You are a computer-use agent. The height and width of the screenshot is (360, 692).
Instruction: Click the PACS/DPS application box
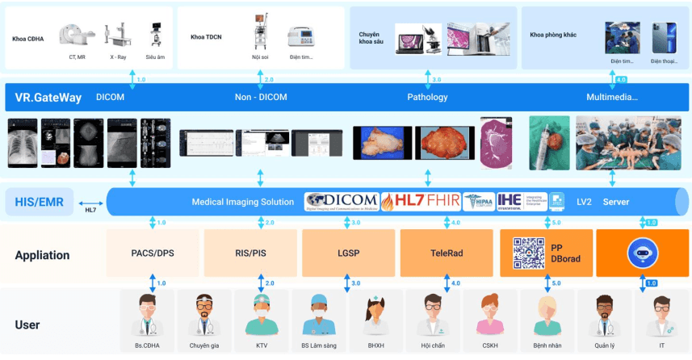pyautogui.click(x=153, y=253)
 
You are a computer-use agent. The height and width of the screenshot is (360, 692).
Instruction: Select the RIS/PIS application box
pyautogui.click(x=250, y=253)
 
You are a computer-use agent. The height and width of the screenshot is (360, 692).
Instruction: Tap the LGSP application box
pyautogui.click(x=348, y=253)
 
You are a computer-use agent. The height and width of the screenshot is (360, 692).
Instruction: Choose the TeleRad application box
pyautogui.click(x=446, y=253)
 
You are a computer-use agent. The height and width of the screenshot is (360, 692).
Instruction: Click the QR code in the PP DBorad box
pyautogui.click(x=529, y=253)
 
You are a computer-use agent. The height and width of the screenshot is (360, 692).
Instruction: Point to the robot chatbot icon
pyautogui.click(x=641, y=253)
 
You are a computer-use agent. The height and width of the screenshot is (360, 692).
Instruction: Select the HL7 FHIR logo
pyautogui.click(x=420, y=201)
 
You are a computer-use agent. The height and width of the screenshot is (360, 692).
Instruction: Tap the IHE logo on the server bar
pyautogui.click(x=510, y=201)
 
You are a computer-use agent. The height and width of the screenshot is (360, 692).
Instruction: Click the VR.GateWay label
pyautogui.click(x=48, y=98)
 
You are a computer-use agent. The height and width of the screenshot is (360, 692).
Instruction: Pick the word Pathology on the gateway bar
pyautogui.click(x=427, y=98)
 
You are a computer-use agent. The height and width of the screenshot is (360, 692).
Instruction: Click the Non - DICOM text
pyautogui.click(x=260, y=98)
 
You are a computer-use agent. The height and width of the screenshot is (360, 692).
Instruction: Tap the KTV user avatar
pyautogui.click(x=262, y=316)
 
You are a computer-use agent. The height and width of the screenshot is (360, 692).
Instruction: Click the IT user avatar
pyautogui.click(x=661, y=316)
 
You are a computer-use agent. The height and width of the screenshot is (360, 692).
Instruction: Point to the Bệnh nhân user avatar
pyautogui.click(x=539, y=316)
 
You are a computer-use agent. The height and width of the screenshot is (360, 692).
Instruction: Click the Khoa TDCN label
pyautogui.click(x=207, y=36)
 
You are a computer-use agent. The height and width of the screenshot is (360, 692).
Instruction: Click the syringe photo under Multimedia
pyautogui.click(x=549, y=142)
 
